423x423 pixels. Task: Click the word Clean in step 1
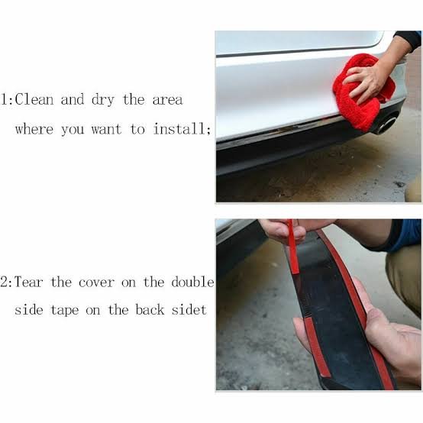[x=34, y=99]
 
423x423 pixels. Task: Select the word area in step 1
[x=168, y=100]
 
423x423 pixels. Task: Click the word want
[x=106, y=129]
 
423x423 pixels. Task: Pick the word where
[x=34, y=129]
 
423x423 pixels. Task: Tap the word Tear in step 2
[x=28, y=283]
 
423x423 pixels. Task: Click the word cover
[x=96, y=283]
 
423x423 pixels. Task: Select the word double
[x=192, y=282]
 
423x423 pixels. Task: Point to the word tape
[x=65, y=311]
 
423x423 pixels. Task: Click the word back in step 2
[x=150, y=309]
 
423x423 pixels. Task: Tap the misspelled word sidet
[x=189, y=309]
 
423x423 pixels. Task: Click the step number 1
[x=5, y=99]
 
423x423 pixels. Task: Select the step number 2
[x=5, y=283]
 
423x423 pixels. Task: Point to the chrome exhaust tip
[x=386, y=124]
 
